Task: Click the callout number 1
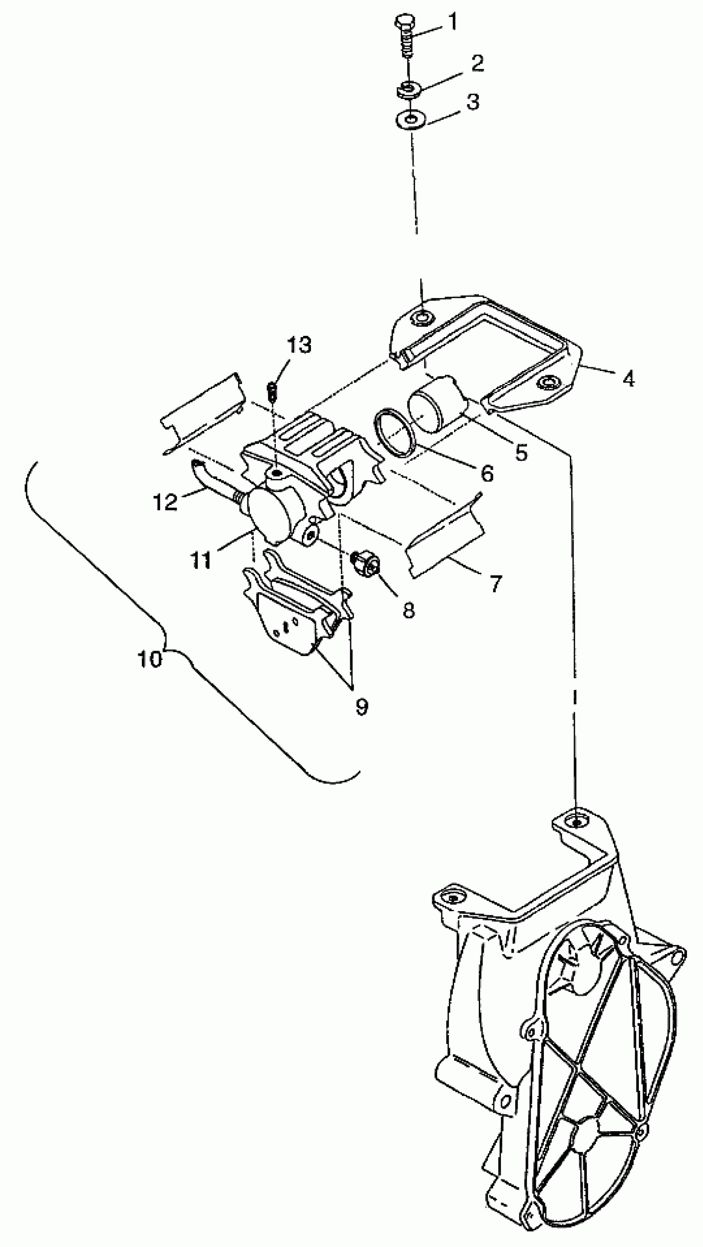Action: [452, 22]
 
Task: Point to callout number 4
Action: [628, 379]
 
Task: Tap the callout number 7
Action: [496, 583]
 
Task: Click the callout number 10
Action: [150, 659]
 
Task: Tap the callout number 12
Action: [165, 503]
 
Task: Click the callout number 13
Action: [299, 345]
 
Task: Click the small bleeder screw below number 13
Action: [272, 391]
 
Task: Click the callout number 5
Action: [521, 452]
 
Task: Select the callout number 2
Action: [477, 63]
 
